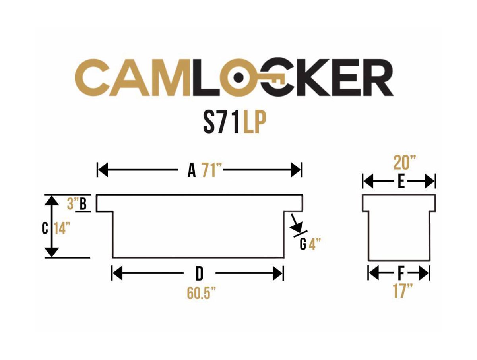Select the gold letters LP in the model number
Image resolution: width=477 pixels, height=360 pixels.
click(x=254, y=124)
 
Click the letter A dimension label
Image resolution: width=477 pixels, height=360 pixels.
click(x=192, y=171)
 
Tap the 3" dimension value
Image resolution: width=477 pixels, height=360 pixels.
click(x=72, y=204)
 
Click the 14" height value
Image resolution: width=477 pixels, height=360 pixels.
click(x=63, y=228)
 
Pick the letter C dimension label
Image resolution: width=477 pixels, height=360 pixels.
click(x=45, y=228)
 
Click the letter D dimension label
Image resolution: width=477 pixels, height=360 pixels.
click(x=200, y=273)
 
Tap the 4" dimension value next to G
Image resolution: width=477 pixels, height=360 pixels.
click(x=314, y=244)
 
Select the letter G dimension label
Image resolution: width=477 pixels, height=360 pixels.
click(x=303, y=244)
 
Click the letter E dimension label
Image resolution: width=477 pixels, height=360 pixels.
click(x=401, y=182)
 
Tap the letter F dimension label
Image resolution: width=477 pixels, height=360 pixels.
click(x=401, y=273)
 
